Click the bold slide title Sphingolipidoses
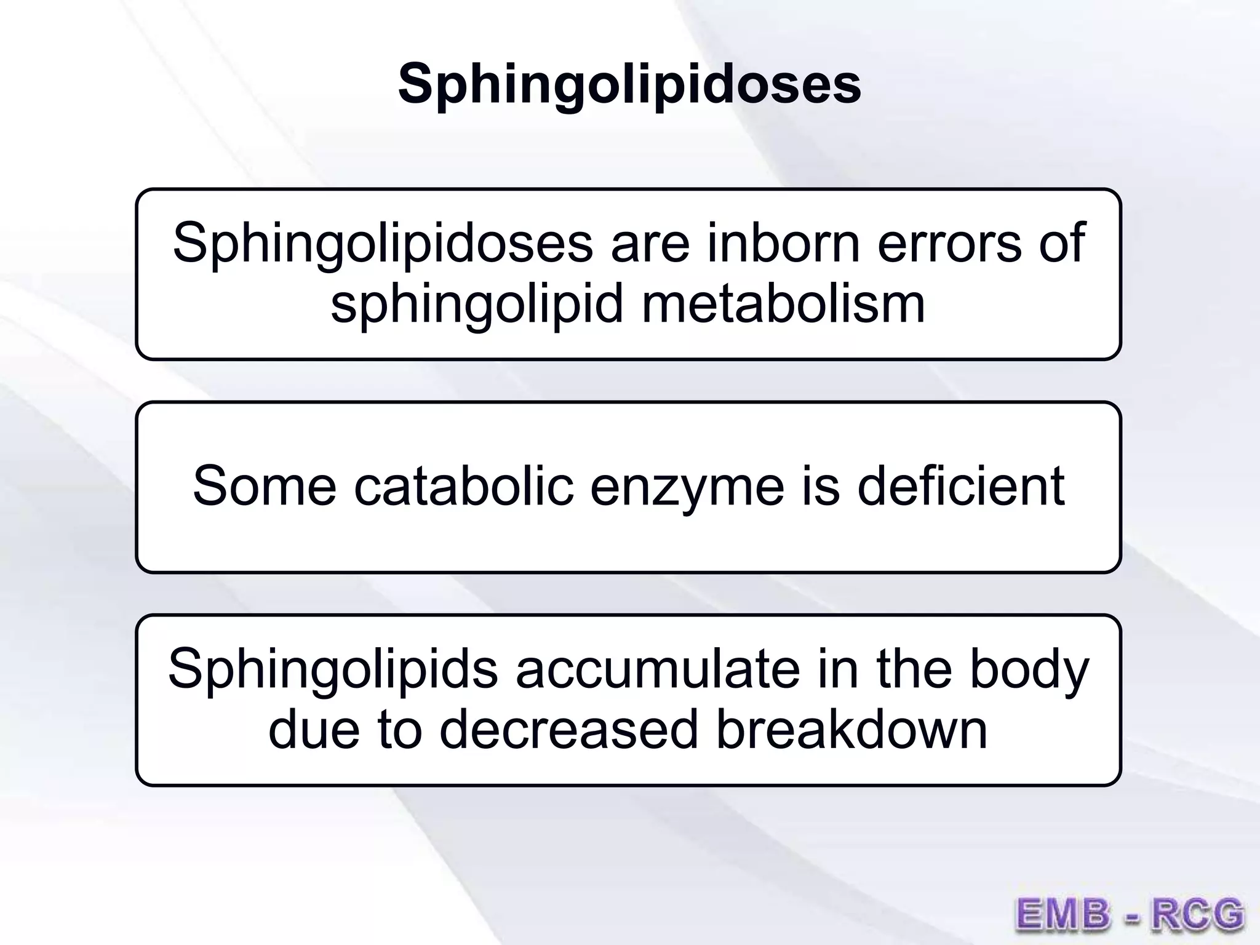coord(629,84)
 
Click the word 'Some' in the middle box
coord(265,486)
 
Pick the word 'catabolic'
coord(464,486)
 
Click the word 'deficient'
coord(961,486)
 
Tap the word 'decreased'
coord(569,730)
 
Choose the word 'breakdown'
coord(851,730)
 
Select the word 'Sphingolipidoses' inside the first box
coord(383,244)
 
